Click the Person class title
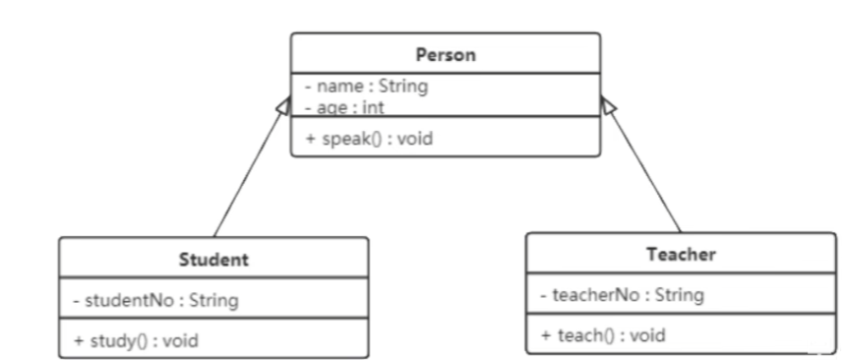[445, 55]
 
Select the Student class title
[213, 261]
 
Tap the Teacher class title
[681, 255]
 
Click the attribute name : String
[366, 87]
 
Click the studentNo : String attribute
[155, 300]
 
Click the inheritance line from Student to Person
[246, 177]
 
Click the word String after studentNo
[211, 300]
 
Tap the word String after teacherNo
[678, 294]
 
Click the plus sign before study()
[78, 341]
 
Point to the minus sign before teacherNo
[544, 294]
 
